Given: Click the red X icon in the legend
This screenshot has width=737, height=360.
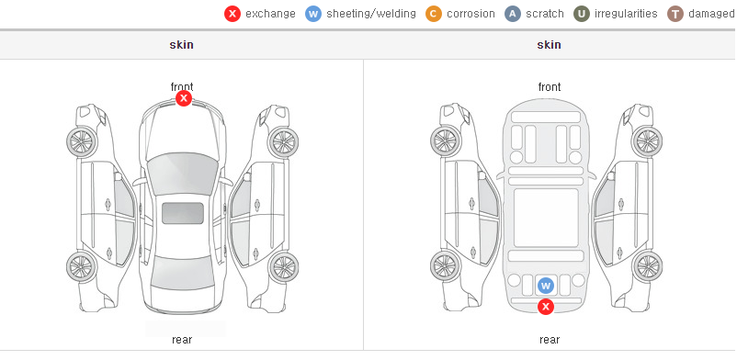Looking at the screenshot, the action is click(x=232, y=14).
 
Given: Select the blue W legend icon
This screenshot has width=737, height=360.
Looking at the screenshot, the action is click(x=313, y=14).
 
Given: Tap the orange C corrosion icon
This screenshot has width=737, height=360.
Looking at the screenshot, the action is click(x=434, y=14).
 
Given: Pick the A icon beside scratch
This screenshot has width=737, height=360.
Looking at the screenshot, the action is click(x=513, y=14).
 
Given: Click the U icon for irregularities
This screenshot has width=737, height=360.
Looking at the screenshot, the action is click(x=582, y=14).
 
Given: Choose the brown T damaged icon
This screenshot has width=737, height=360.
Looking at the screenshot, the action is click(x=675, y=14).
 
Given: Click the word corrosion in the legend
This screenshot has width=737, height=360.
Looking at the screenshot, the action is click(x=471, y=14).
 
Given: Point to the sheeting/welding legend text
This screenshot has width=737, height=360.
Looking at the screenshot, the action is click(x=371, y=14).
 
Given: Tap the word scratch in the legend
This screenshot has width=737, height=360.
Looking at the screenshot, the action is click(x=545, y=14).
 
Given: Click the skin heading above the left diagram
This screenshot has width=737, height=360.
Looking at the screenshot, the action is click(x=181, y=45).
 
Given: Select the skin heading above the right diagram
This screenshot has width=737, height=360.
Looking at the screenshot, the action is click(x=549, y=45).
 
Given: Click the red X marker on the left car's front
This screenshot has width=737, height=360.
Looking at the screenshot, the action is click(x=184, y=98).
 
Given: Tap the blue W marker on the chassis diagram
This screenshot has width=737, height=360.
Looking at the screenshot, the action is click(x=546, y=286).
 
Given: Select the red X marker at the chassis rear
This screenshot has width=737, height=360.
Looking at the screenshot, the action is click(x=546, y=307).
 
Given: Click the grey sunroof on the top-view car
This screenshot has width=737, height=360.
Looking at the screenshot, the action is click(x=183, y=213).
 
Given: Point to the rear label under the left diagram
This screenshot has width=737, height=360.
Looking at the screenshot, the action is click(x=182, y=340).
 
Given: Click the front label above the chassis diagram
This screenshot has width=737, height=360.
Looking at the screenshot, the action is click(x=550, y=87).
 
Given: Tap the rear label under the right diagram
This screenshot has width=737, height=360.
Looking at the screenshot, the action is click(x=550, y=340).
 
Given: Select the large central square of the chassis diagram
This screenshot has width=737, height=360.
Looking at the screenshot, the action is click(x=546, y=218).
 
